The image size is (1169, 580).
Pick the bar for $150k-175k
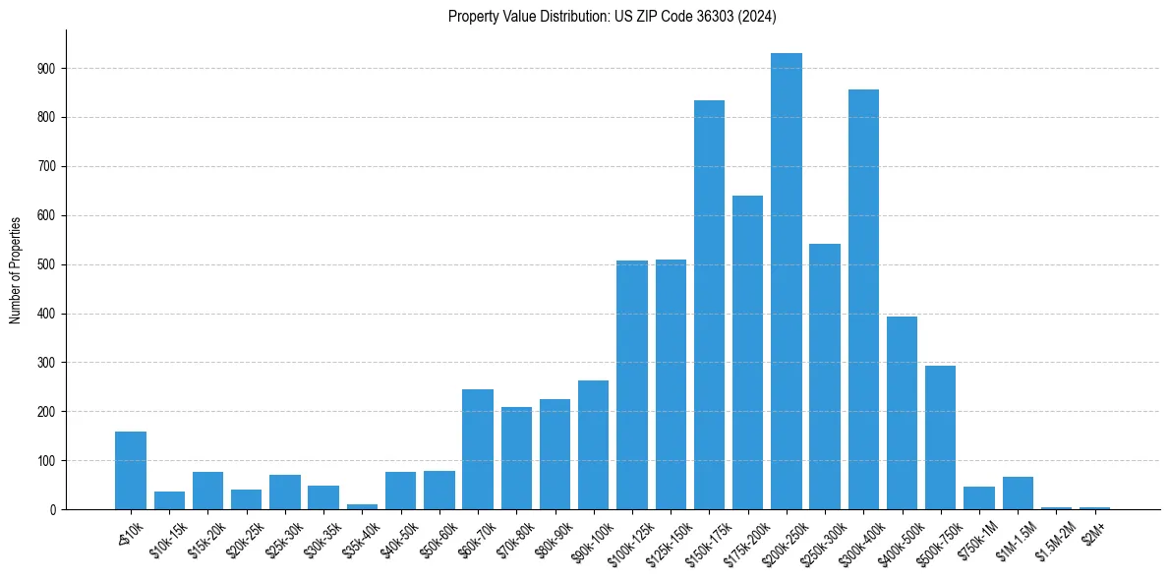pos(709,305)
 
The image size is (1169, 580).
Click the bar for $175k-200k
pos(747,353)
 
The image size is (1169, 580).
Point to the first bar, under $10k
pos(131,471)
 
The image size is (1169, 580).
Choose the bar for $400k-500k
pos(902,413)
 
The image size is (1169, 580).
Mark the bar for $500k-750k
pos(940,437)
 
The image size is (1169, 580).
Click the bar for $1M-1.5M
pos(1018,493)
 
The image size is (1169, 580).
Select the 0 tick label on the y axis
pos(53,510)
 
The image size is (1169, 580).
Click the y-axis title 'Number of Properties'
pos(15,269)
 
